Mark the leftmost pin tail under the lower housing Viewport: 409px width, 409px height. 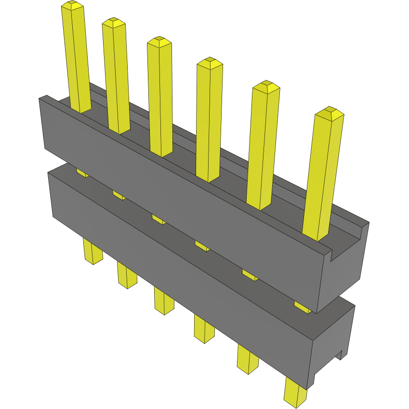(92, 251)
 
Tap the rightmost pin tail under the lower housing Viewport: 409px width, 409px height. (295, 392)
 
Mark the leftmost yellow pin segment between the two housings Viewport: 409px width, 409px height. (82, 172)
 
